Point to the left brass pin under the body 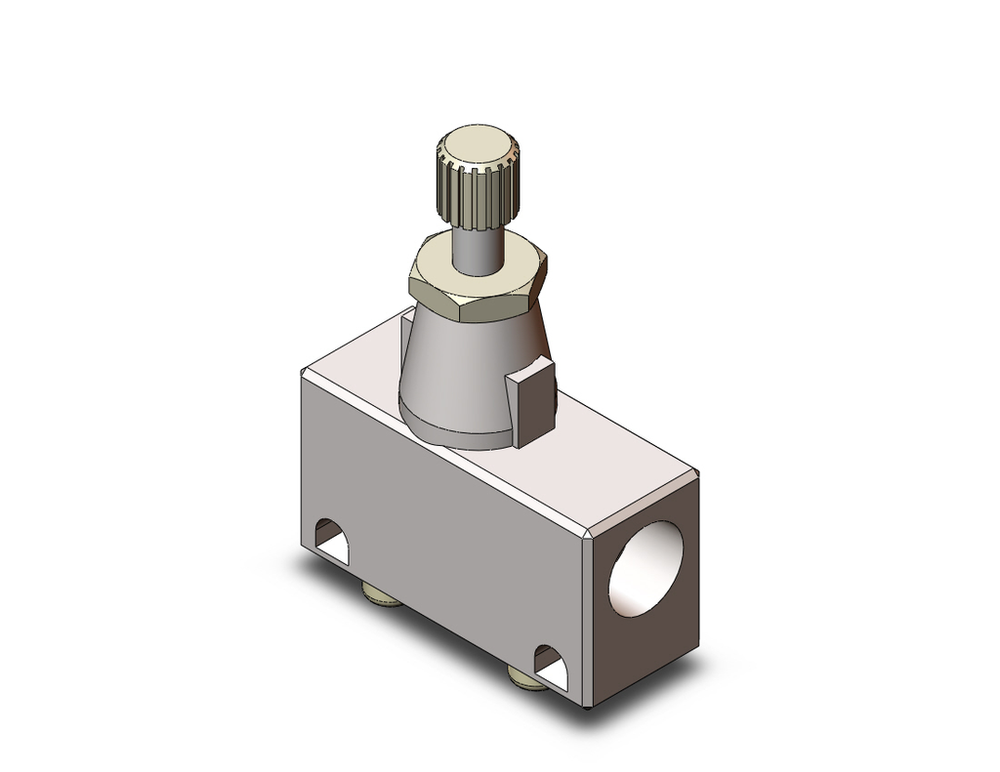coord(384,598)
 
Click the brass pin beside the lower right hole coord(521,678)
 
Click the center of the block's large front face coord(450,540)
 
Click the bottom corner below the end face coord(587,707)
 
